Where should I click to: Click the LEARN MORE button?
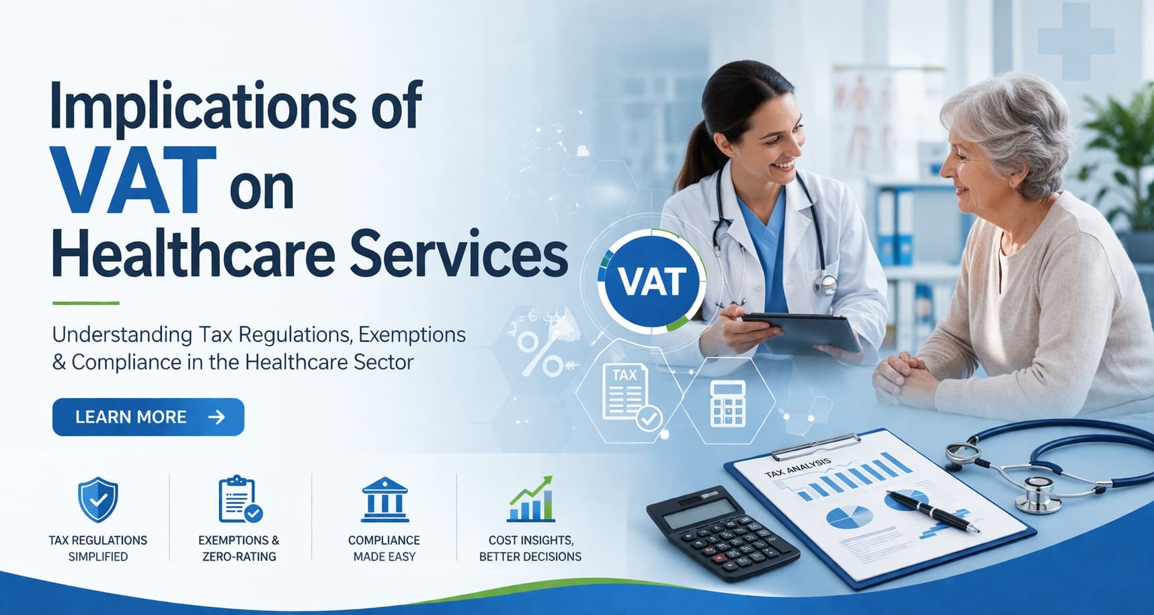[148, 417]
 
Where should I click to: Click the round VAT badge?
[651, 282]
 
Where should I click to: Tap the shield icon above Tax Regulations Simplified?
[98, 499]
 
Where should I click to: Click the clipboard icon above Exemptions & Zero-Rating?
[239, 499]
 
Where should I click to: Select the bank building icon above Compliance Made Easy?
[384, 501]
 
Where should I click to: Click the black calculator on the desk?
[723, 531]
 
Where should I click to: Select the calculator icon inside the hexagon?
[728, 403]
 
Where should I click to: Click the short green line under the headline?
[85, 303]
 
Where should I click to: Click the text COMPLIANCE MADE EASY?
[384, 548]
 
